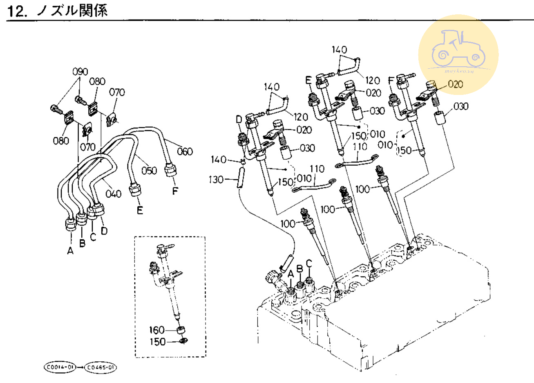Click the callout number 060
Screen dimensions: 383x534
[185, 152]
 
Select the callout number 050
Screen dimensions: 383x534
[149, 170]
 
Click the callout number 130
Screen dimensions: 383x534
[217, 180]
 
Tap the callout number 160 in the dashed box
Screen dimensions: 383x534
[157, 330]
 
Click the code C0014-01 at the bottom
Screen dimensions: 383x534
[60, 367]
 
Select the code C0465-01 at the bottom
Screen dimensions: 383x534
[101, 367]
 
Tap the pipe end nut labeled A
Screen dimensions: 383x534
[71, 225]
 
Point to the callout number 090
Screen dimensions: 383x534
[80, 72]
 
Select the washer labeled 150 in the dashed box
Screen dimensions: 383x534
[183, 340]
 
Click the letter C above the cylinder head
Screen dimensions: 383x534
[309, 263]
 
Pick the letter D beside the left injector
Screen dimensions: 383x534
[239, 119]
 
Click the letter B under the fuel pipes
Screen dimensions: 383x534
[82, 243]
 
